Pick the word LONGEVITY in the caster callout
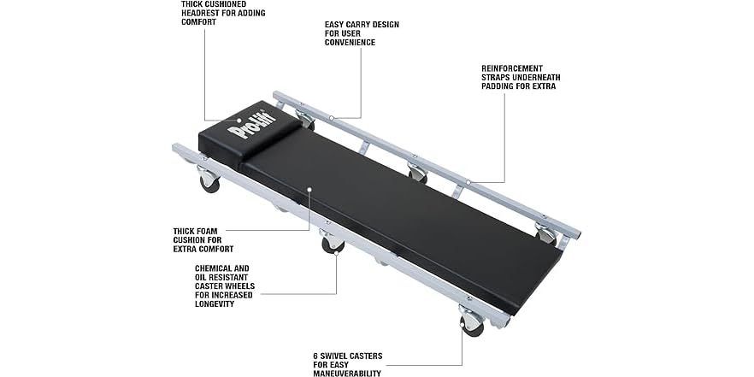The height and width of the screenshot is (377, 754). (215, 303)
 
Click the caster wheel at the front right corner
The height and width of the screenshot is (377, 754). (472, 324)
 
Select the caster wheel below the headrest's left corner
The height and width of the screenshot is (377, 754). (209, 181)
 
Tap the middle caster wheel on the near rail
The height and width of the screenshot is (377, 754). (333, 244)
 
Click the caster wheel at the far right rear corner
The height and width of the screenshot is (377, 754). (545, 235)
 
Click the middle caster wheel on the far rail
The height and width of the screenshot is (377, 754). (417, 175)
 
